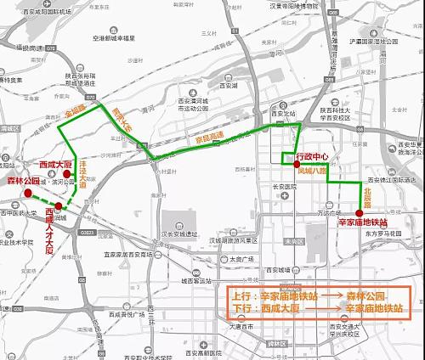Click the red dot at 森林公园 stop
point(29,194)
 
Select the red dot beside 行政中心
point(296,165)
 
